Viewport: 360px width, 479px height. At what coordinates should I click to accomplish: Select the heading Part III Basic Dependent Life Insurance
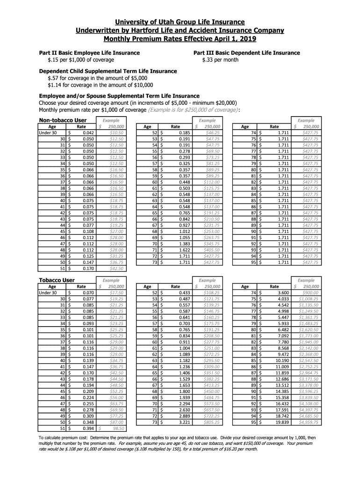click(246, 53)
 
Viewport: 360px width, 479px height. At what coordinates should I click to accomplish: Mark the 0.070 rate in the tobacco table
click(88, 292)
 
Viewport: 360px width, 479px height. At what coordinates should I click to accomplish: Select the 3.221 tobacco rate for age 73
click(183, 422)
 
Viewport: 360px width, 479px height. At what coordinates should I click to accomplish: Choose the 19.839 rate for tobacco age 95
click(281, 422)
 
